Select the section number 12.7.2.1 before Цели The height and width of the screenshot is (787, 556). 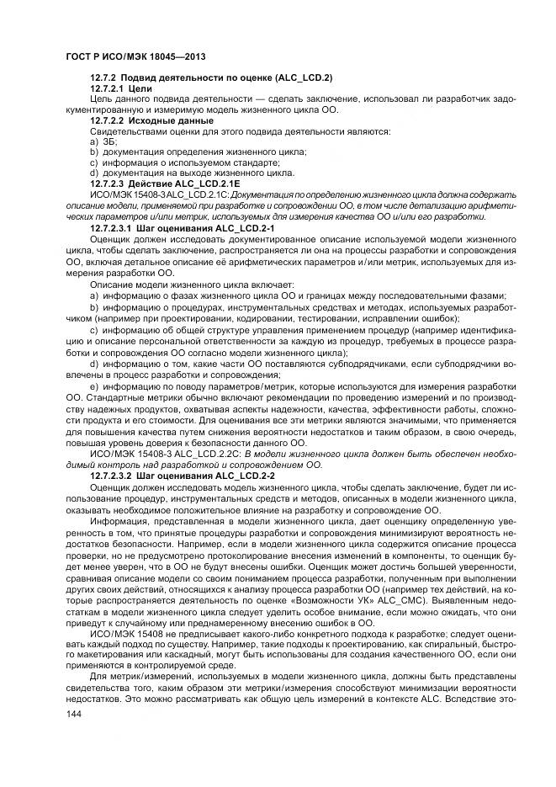107,88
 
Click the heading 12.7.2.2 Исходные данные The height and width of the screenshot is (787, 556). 140,120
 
